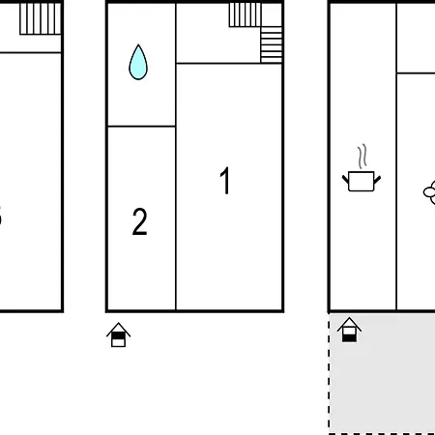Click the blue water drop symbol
138,62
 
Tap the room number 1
225,181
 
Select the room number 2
139,221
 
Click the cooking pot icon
362,182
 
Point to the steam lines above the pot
362,157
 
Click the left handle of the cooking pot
345,180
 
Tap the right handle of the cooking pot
377,180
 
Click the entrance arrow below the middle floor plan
118,334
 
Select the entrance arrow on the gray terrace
349,330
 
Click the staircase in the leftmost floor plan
41,18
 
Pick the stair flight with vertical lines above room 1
245,14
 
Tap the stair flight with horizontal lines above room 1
272,44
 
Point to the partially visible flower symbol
429,192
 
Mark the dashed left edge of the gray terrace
329,373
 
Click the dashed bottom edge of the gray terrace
382,434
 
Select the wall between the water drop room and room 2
141,127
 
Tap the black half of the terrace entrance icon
349,338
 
